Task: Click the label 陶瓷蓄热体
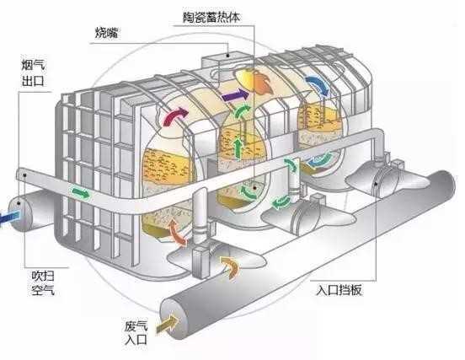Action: pyautogui.click(x=211, y=18)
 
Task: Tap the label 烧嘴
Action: pyautogui.click(x=106, y=32)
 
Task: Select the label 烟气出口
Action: pyautogui.click(x=34, y=73)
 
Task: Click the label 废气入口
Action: pyautogui.click(x=136, y=332)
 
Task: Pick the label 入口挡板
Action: pyautogui.click(x=339, y=290)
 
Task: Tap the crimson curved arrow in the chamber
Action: pyautogui.click(x=175, y=116)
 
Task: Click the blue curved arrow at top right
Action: pyautogui.click(x=318, y=83)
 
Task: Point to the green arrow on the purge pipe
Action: pyautogui.click(x=81, y=193)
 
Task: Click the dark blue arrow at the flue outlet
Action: pyautogui.click(x=9, y=218)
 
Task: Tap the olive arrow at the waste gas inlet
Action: pyautogui.click(x=168, y=324)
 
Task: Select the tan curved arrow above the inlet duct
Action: pyautogui.click(x=230, y=266)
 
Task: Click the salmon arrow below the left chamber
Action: pyautogui.click(x=178, y=232)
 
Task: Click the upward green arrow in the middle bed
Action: pyautogui.click(x=238, y=148)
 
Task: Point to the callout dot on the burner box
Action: pyautogui.click(x=227, y=55)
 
